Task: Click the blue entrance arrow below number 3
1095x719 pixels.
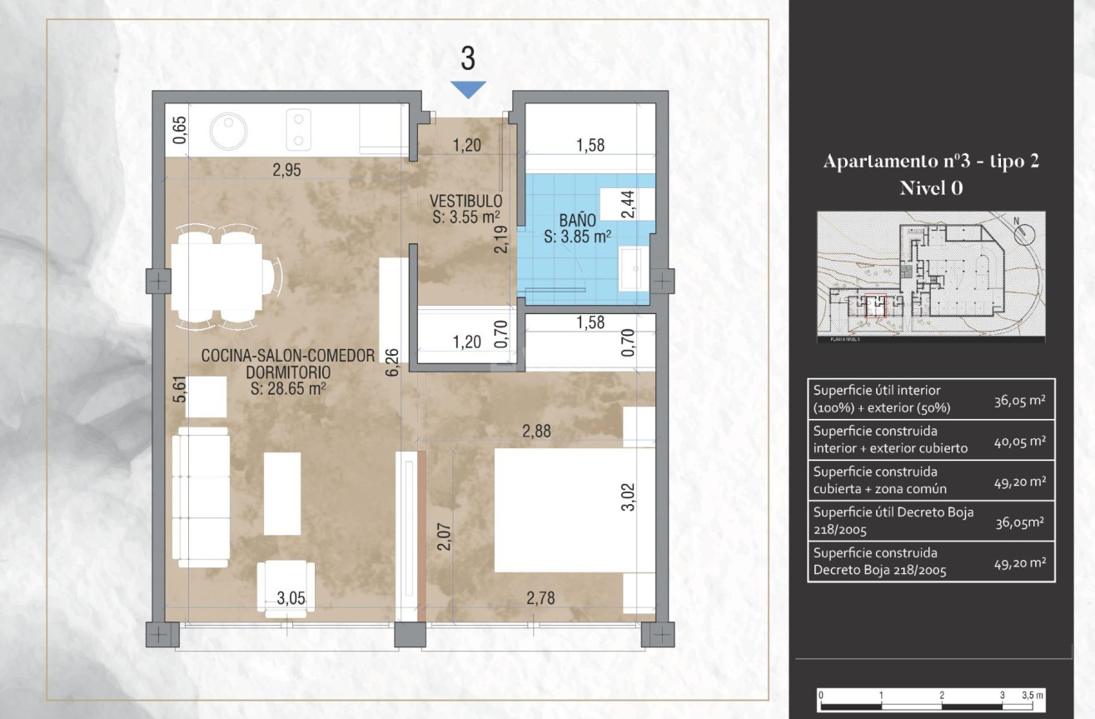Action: click(x=468, y=89)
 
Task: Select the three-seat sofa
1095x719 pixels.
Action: click(x=200, y=497)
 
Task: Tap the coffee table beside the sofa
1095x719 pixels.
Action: click(x=282, y=493)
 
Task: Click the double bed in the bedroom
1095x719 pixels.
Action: click(x=560, y=510)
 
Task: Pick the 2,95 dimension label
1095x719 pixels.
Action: click(x=286, y=171)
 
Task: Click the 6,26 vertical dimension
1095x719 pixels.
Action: click(x=392, y=363)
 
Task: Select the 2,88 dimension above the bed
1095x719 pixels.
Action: click(x=537, y=432)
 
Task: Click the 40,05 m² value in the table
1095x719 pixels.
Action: click(x=1019, y=441)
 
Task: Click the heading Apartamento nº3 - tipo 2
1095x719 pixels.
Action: click(x=931, y=162)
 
